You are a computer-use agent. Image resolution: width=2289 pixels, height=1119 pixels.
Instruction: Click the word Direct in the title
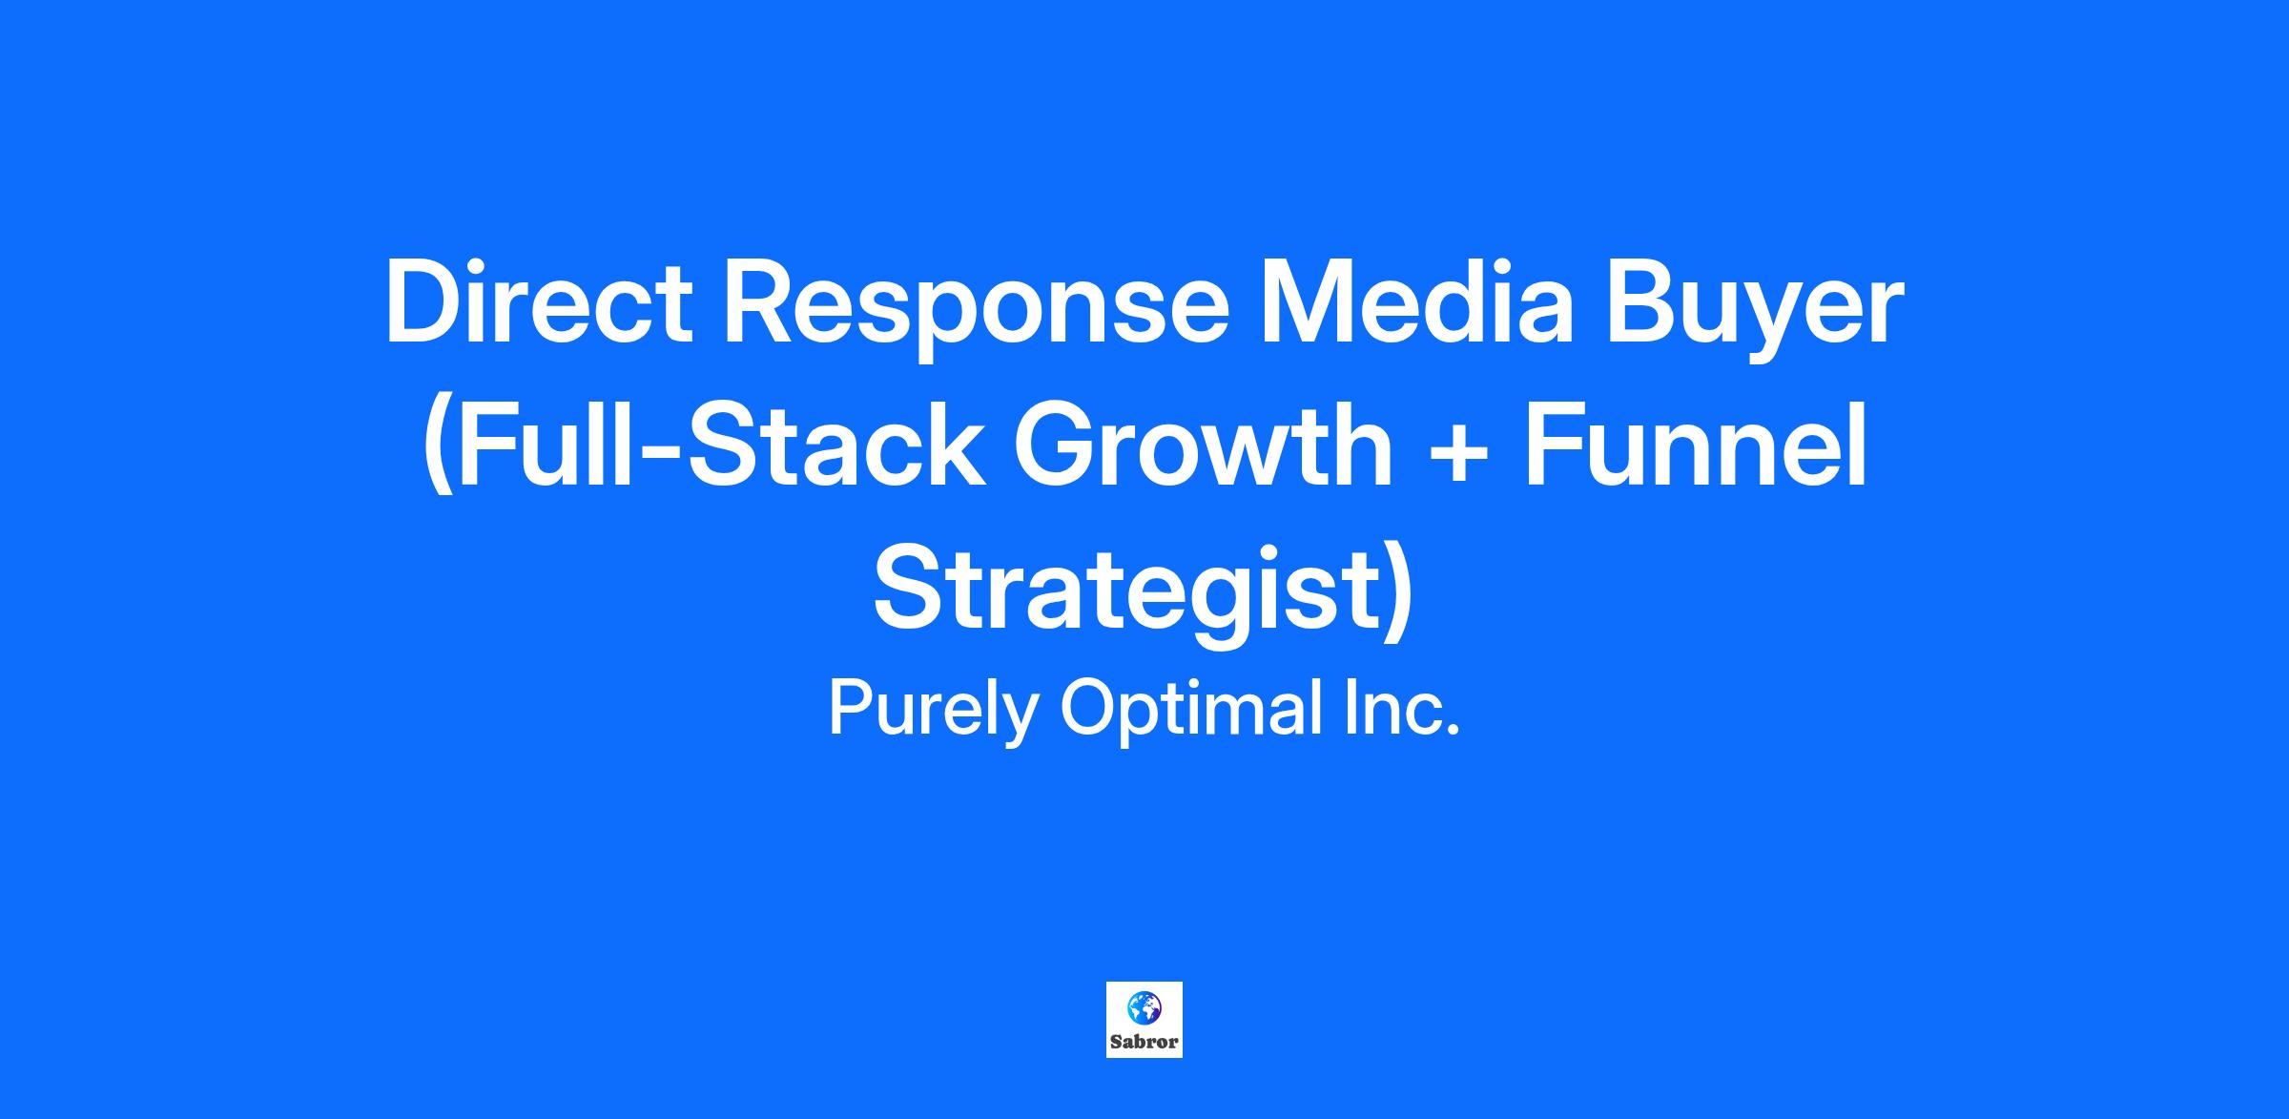click(x=539, y=303)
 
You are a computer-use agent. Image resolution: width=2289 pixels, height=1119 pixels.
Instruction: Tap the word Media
click(x=1416, y=302)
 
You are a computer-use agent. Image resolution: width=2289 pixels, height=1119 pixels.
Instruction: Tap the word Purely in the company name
click(x=932, y=711)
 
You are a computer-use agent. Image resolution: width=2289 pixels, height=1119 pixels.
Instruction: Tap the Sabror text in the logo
click(x=1144, y=1042)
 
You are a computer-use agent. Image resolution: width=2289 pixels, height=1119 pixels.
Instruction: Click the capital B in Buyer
click(x=1641, y=303)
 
